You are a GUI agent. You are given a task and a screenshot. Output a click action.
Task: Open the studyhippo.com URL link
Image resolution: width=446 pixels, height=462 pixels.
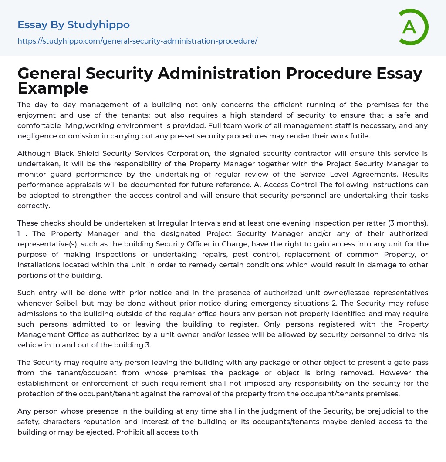coord(137,41)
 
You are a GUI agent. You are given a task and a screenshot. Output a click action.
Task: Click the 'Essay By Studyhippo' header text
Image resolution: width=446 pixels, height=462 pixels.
coord(74,25)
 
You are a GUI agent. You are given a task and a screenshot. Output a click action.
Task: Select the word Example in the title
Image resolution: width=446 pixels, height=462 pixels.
coord(53,88)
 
